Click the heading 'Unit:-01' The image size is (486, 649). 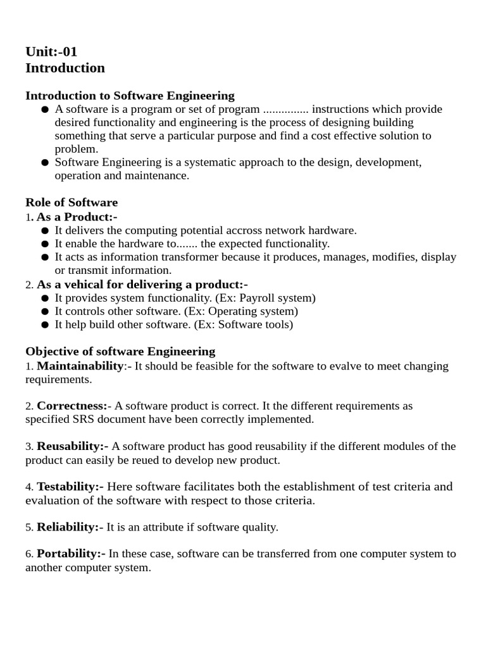51,51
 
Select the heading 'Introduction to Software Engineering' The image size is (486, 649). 130,96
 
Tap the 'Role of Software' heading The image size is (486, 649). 72,203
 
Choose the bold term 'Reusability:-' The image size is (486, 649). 73,446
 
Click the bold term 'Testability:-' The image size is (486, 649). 70,487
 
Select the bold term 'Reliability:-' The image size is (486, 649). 70,527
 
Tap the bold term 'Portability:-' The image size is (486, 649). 72,553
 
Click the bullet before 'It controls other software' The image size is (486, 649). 45,312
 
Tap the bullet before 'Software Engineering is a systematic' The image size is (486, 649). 45,163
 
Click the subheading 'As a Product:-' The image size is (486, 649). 77,217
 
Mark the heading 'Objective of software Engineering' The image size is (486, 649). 120,351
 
